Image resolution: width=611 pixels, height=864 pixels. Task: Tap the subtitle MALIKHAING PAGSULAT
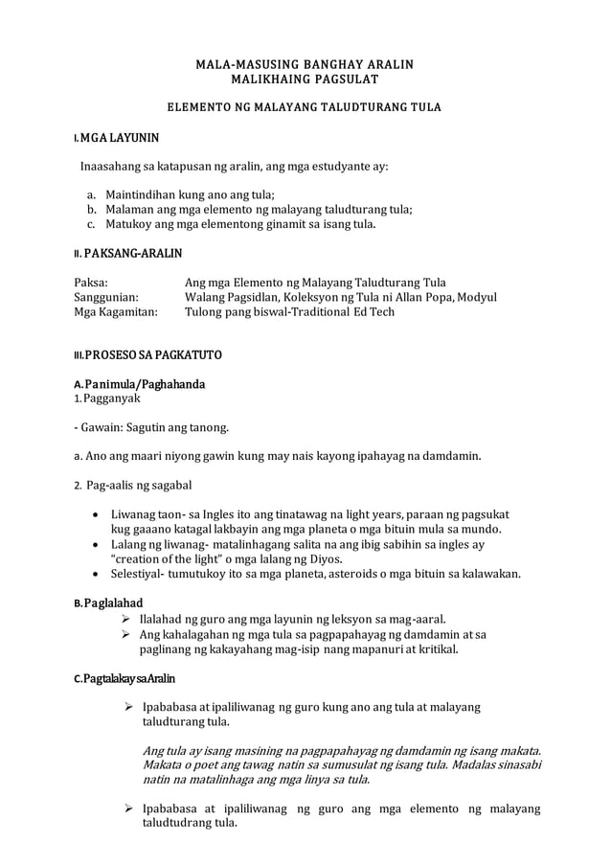click(305, 79)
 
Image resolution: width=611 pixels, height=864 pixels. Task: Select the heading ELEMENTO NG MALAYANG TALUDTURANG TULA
click(305, 106)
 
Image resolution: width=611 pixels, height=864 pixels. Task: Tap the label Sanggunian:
click(107, 297)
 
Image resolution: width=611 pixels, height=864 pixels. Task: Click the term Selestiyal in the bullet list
click(138, 574)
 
